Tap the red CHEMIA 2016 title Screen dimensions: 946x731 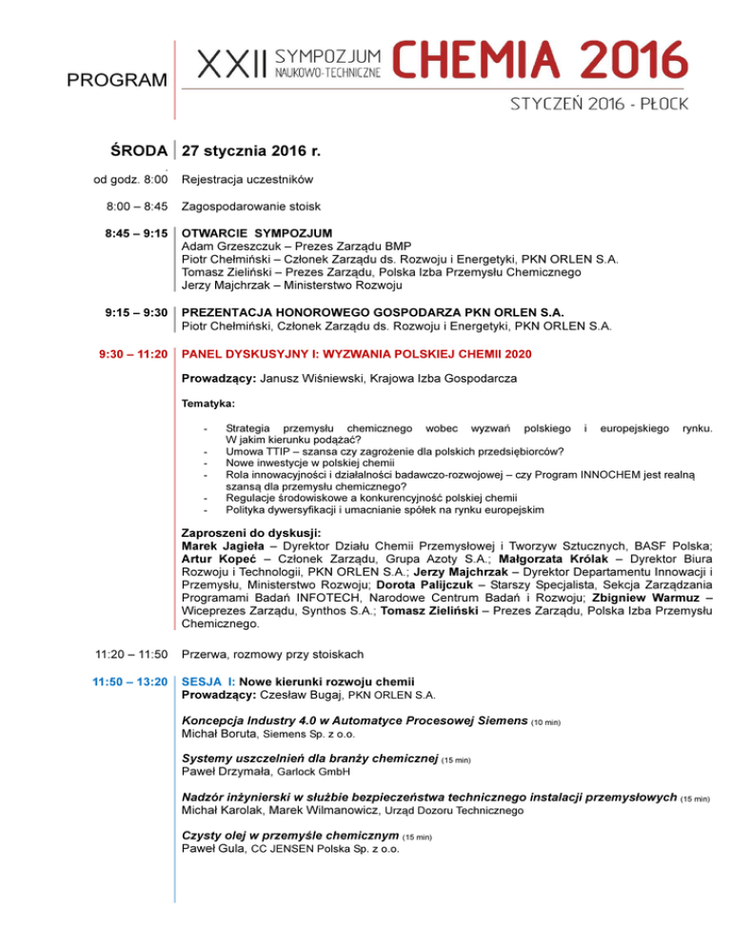click(539, 60)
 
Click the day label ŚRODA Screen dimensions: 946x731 click(140, 150)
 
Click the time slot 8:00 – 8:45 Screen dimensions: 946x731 click(137, 206)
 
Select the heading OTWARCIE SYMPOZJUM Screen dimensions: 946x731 click(257, 233)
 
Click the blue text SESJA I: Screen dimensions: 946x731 click(209, 681)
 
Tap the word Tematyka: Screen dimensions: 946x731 click(208, 404)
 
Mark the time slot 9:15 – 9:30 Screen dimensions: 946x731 click(137, 312)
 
